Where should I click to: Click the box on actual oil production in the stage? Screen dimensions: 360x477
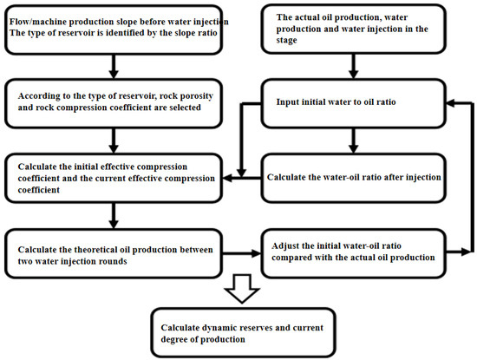[x=351, y=28]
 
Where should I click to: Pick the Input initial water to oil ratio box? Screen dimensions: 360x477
[x=351, y=101]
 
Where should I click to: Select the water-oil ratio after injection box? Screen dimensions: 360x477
[x=351, y=177]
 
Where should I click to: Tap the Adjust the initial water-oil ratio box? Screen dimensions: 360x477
[x=351, y=252]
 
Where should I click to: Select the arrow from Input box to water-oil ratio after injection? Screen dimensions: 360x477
[x=351, y=138]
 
